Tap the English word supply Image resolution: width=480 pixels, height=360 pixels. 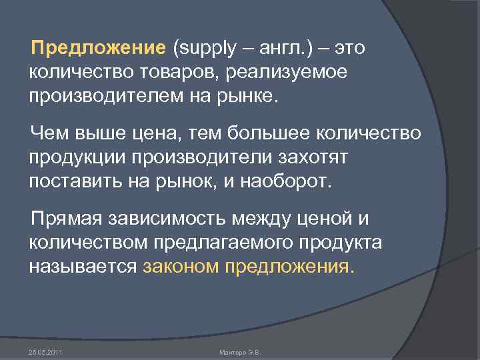click(x=204, y=49)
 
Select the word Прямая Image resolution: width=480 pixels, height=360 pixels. click(x=67, y=219)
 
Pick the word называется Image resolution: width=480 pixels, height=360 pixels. click(x=83, y=267)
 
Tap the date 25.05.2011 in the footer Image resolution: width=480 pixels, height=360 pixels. click(x=45, y=352)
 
